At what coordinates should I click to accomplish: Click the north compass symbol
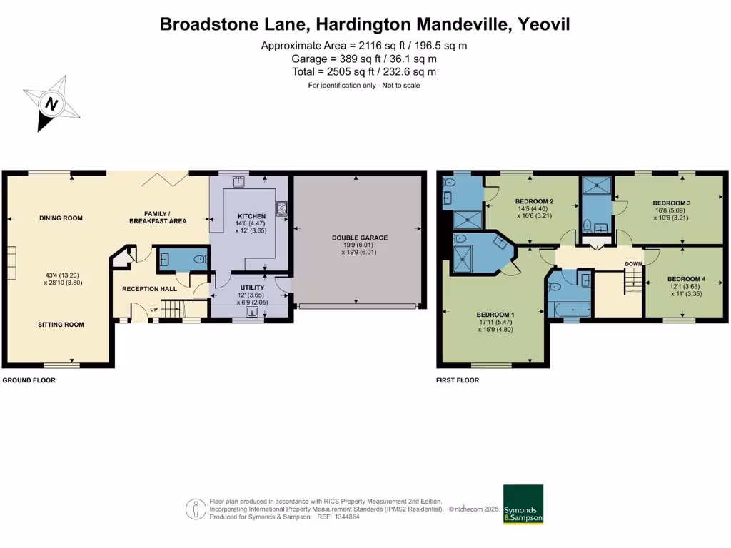[x=51, y=104]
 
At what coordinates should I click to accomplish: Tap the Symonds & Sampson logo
[x=523, y=505]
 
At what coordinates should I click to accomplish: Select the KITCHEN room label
[x=252, y=216]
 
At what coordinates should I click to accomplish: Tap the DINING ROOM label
[x=61, y=218]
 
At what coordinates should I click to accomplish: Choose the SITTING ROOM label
[x=61, y=325]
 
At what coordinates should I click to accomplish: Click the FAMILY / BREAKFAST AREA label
[x=158, y=218]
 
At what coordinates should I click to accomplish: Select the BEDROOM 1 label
[x=495, y=315]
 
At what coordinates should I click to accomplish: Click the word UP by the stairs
[x=154, y=309]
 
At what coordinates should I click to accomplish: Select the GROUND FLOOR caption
[x=29, y=380]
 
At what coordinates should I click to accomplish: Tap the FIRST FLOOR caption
[x=458, y=380]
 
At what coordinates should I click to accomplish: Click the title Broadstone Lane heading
[x=365, y=24]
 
